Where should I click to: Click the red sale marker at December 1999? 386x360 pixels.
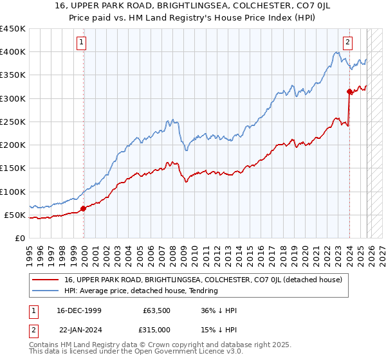(x=84, y=208)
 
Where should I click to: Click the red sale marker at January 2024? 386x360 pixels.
(x=349, y=91)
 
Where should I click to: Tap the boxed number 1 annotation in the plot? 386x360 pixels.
(x=82, y=43)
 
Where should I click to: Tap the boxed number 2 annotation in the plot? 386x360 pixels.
(x=347, y=43)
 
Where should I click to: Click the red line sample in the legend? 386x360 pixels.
(x=45, y=280)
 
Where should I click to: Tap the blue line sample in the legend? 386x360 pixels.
(x=45, y=291)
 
